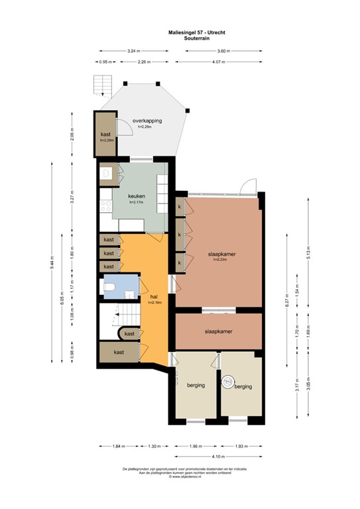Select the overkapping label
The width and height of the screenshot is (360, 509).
tap(147, 121)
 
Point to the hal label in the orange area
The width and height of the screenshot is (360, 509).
tap(154, 298)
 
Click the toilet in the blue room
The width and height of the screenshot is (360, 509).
tap(113, 287)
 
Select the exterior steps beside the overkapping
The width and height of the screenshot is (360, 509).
tap(102, 85)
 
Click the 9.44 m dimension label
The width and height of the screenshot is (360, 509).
tap(51, 264)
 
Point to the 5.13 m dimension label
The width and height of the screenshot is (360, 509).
tap(308, 255)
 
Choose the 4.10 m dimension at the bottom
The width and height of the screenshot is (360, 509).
tap(219, 456)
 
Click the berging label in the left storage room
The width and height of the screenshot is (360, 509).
tap(196, 385)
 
